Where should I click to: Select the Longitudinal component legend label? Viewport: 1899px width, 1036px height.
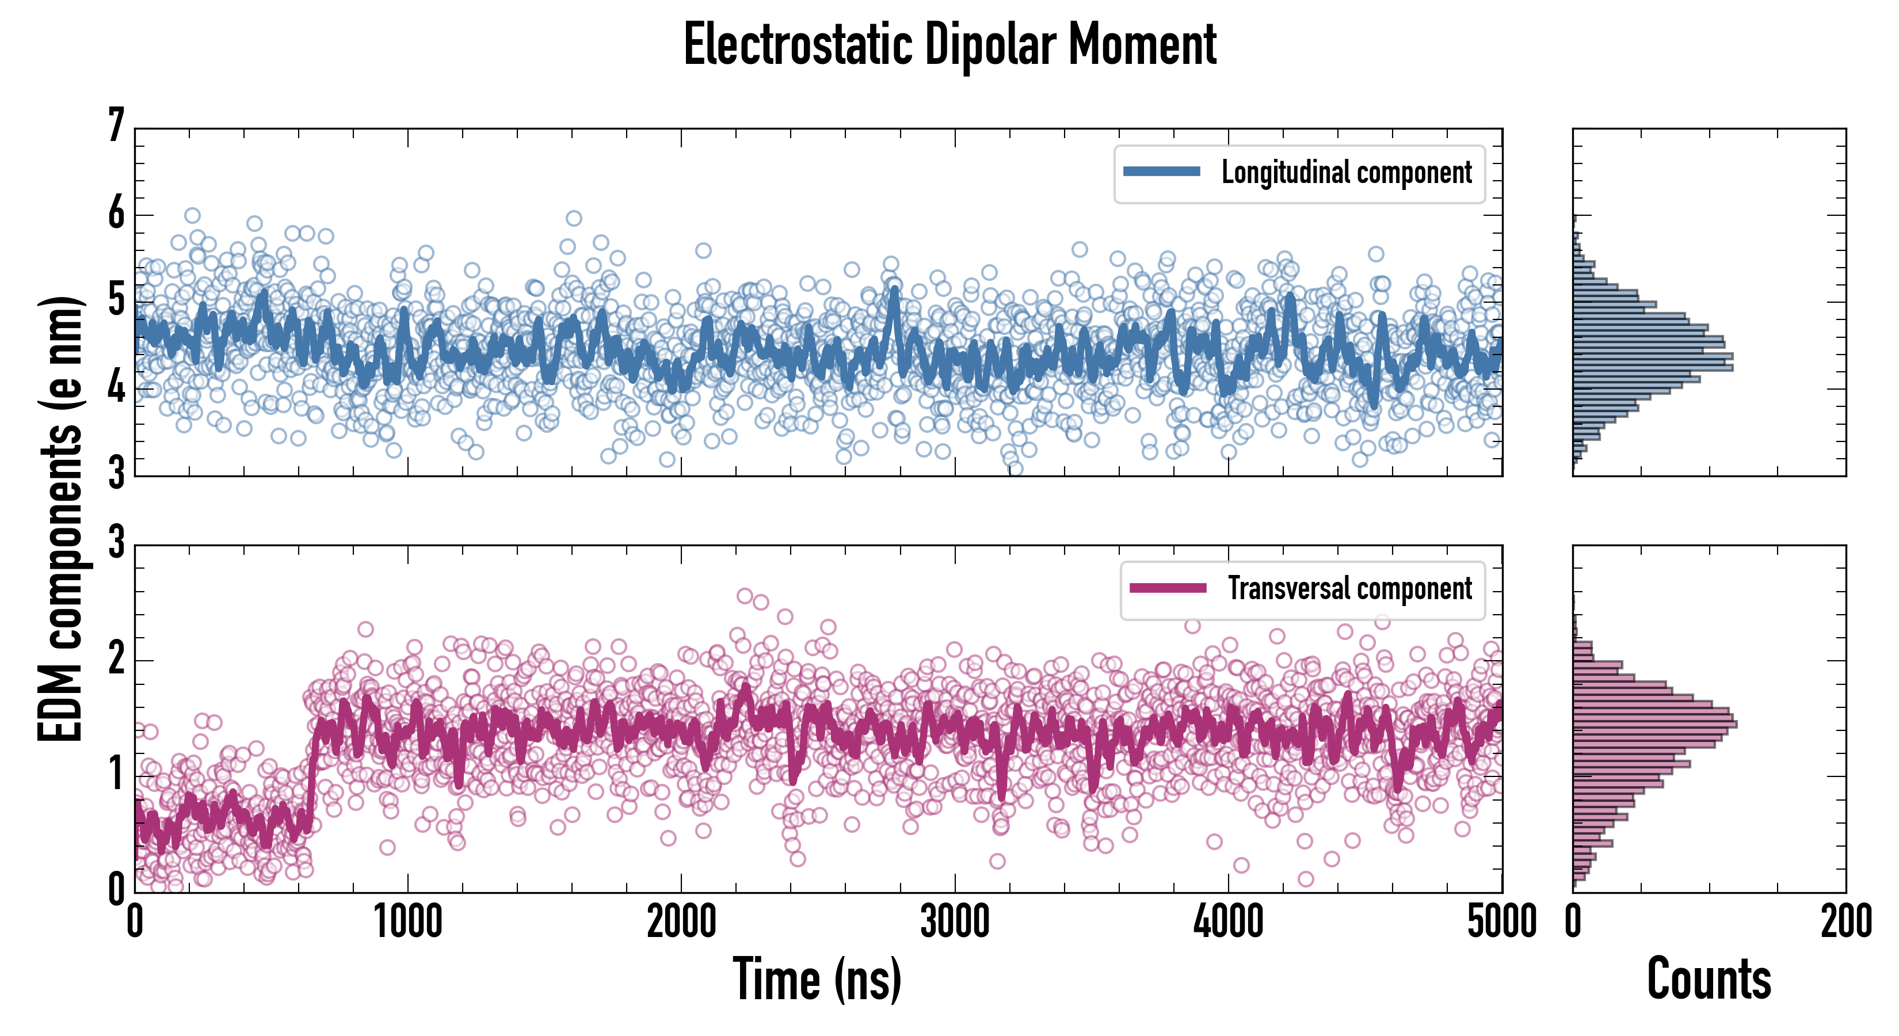tap(1346, 173)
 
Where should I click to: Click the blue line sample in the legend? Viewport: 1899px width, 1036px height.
tap(1161, 172)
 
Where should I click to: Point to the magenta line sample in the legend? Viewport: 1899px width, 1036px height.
tap(1168, 588)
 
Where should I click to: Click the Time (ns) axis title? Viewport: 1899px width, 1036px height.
tap(817, 978)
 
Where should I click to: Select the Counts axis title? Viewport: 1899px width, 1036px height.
tap(1709, 978)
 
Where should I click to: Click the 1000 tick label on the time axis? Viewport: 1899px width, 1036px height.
tap(407, 921)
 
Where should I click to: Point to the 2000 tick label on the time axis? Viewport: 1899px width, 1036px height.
tap(681, 921)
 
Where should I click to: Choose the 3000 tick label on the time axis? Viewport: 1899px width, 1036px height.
tap(955, 921)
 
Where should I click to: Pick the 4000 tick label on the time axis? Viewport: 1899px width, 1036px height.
tap(1228, 921)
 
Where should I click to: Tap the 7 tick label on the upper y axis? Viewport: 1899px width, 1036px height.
tap(116, 125)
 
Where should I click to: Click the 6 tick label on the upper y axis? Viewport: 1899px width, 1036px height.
tap(116, 214)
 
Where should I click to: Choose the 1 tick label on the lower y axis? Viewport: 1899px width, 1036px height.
tap(116, 774)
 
